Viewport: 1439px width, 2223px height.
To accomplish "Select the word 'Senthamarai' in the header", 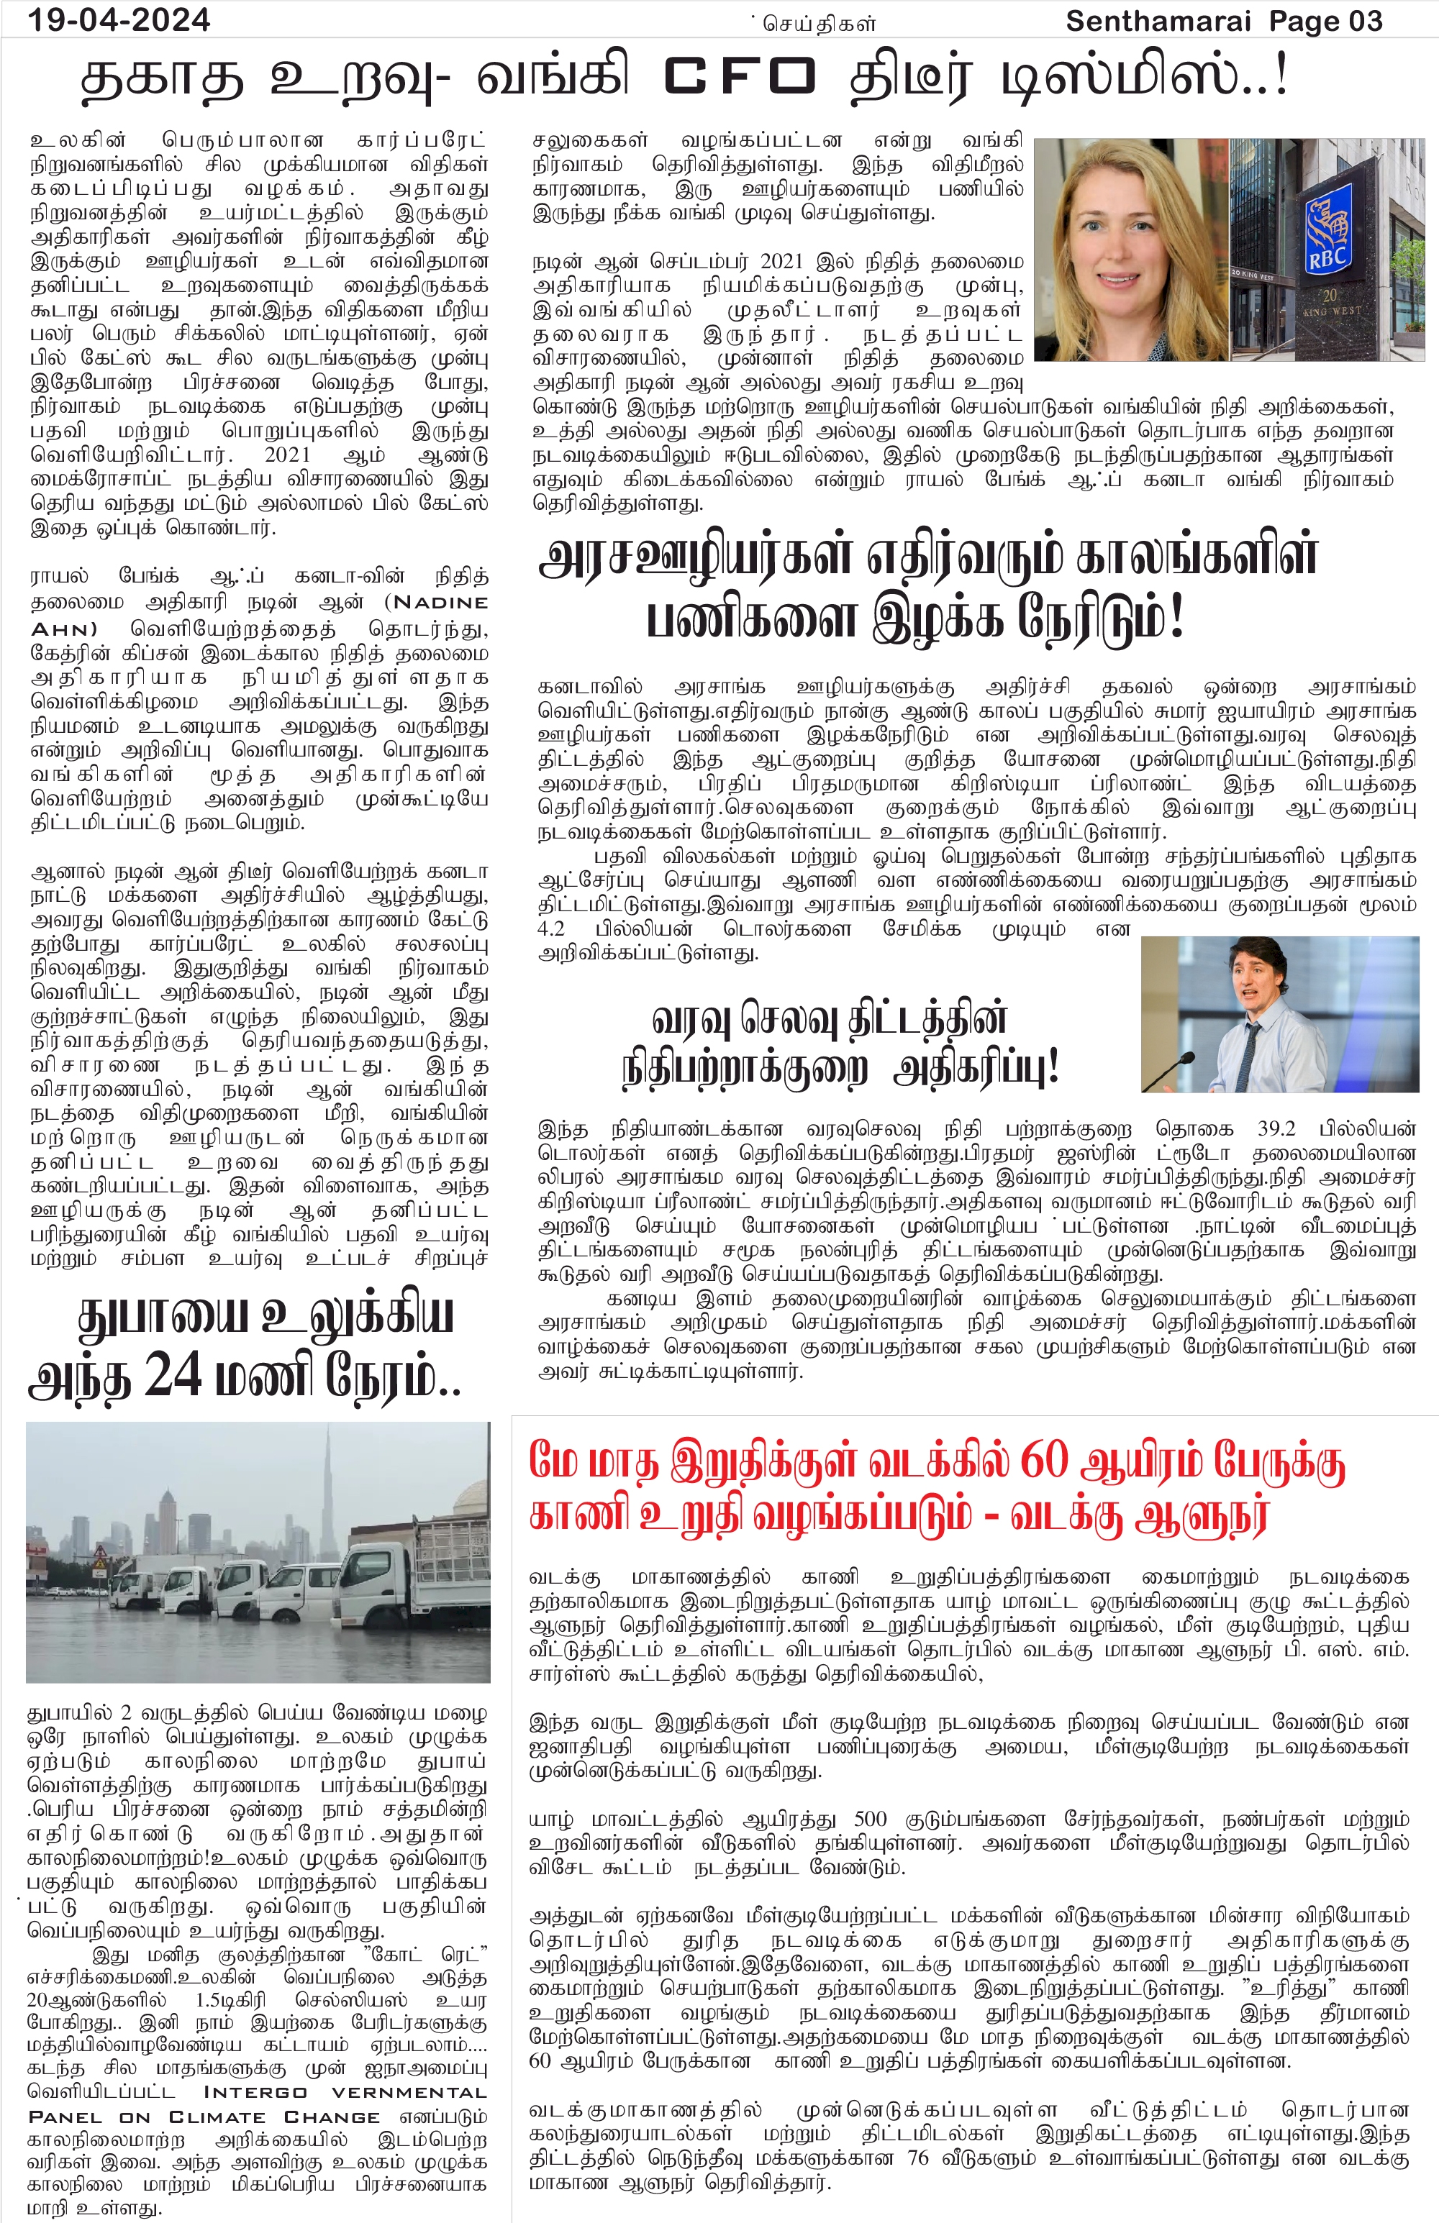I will (x=1158, y=21).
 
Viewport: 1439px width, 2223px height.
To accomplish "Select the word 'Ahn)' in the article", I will (x=63, y=629).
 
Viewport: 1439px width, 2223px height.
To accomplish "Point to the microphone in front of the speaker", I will (x=1185, y=1060).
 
